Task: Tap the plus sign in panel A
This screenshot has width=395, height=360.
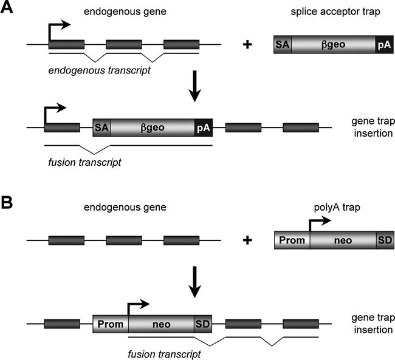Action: [247, 45]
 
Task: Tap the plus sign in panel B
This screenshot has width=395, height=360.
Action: [247, 240]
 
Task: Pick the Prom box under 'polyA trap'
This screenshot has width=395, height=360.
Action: [292, 240]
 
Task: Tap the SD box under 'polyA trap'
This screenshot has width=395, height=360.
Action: [385, 240]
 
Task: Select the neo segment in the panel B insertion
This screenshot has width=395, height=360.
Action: [161, 324]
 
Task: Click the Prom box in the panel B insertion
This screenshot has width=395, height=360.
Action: [110, 324]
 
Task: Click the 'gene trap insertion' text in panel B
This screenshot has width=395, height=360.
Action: [370, 324]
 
